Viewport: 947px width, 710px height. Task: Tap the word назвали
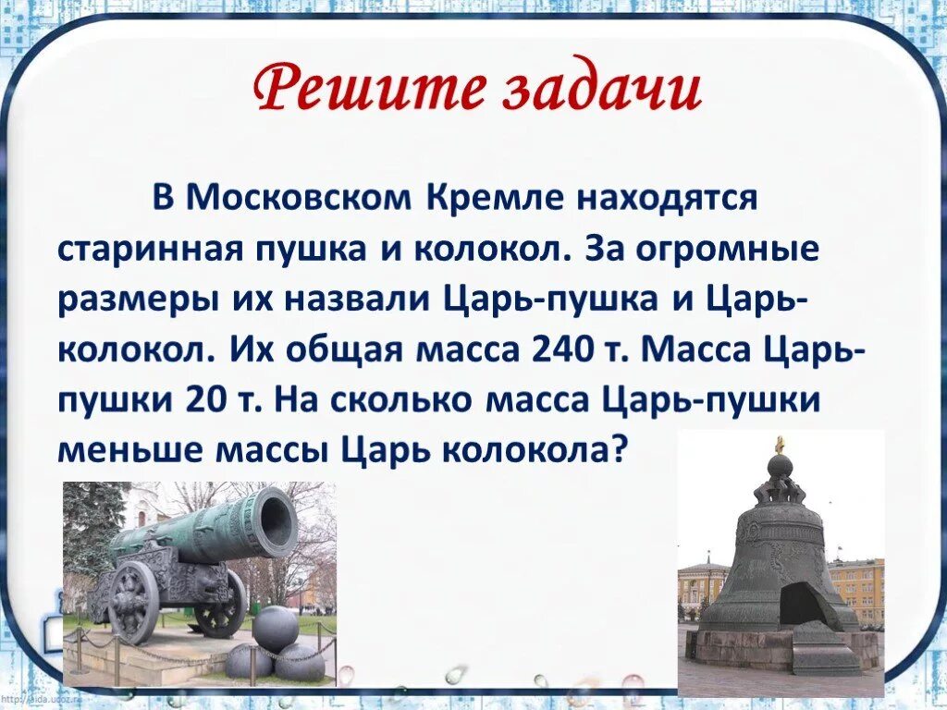pyautogui.click(x=358, y=299)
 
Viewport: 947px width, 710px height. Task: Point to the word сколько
pyautogui.click(x=403, y=400)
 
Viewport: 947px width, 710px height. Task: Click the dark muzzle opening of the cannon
pyautogui.click(x=277, y=519)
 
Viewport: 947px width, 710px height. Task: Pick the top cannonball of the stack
pyautogui.click(x=276, y=628)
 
